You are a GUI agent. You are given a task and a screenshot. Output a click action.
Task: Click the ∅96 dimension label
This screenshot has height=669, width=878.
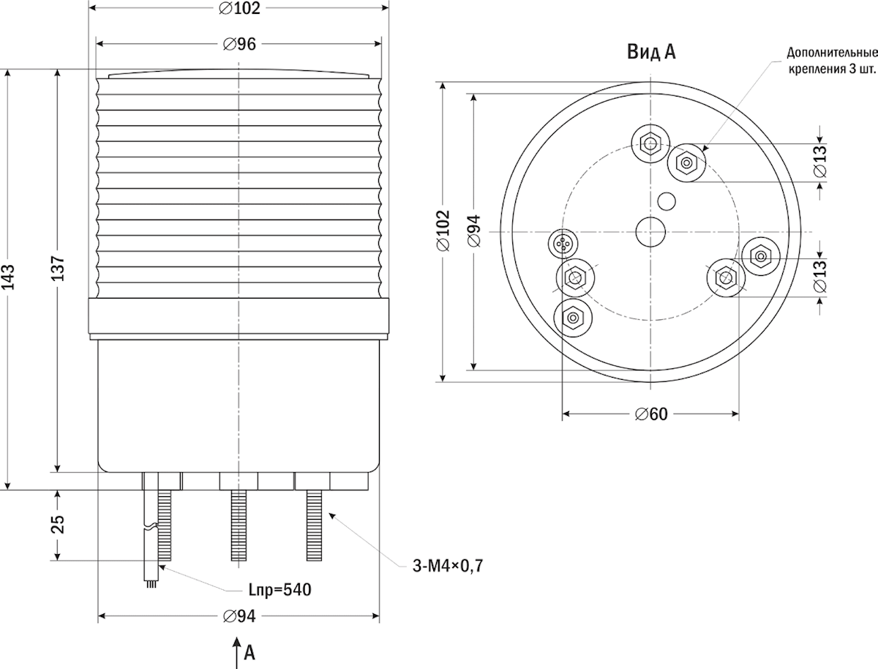coord(239,44)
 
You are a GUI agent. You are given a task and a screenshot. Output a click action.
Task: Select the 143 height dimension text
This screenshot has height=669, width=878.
coord(8,277)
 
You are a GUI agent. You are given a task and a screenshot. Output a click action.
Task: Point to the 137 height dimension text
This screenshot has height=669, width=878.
coord(58,268)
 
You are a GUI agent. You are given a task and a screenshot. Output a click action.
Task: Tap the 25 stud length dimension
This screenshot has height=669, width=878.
coord(58,525)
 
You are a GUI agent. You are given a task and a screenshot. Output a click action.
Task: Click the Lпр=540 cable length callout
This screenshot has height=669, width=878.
coord(279,590)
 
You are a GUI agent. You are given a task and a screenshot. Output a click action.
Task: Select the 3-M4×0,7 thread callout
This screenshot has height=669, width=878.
coord(448,566)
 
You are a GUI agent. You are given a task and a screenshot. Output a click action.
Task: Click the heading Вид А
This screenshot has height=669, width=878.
coord(651,52)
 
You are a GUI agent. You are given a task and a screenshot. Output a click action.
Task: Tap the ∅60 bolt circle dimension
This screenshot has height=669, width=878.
coord(651,414)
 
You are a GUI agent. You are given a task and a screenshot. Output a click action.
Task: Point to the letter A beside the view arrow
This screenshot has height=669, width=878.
coord(249,653)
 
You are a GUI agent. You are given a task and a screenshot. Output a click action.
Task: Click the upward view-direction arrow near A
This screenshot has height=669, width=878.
coord(237,653)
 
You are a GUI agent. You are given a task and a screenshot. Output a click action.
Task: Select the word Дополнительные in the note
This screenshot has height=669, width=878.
coord(833,53)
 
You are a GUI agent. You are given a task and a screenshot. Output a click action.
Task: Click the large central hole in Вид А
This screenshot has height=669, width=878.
coord(650,232)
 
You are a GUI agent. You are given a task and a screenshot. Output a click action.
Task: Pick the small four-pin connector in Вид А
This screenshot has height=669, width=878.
coord(563,243)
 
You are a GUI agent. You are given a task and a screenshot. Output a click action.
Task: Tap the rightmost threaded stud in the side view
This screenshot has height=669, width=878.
coord(314,526)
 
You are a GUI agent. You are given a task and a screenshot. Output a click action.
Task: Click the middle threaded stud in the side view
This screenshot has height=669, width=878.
coord(239,526)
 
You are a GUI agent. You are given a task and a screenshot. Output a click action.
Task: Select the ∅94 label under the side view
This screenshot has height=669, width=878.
coord(239,616)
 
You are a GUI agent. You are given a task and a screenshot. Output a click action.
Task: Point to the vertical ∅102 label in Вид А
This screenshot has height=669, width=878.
coord(443,231)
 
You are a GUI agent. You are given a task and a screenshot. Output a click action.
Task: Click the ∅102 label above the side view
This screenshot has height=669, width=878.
coord(239,8)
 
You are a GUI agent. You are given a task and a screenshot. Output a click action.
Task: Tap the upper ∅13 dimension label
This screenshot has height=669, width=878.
coord(819,161)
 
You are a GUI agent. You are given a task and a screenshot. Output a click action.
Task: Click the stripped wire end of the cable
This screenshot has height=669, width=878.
coord(151,584)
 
